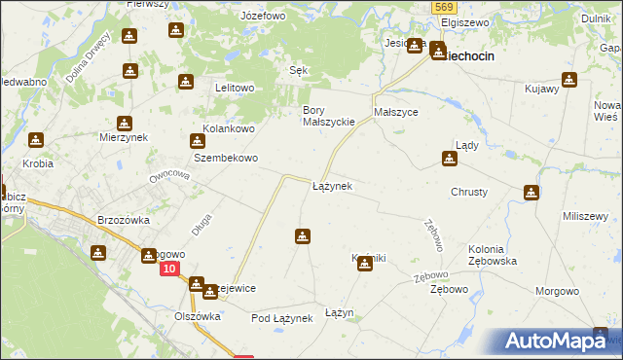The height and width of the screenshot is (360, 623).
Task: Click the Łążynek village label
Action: (x=332, y=185)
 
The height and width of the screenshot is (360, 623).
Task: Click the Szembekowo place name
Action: (x=225, y=158)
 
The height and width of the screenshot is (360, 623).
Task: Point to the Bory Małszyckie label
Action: (x=327, y=116)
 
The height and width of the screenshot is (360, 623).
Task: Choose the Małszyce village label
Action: (x=396, y=112)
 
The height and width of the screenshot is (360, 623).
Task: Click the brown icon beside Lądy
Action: (x=450, y=159)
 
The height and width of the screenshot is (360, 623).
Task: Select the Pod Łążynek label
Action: (x=280, y=318)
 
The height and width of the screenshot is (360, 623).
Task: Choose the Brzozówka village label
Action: (x=124, y=220)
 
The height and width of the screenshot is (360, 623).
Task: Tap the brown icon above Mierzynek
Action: (x=124, y=125)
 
